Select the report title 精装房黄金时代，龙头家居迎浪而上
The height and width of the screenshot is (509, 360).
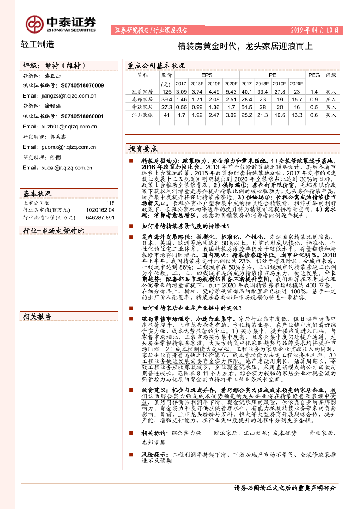tap(245, 46)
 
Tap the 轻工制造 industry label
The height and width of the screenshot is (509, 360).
tap(38, 44)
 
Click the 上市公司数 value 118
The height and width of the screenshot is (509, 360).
tap(110, 203)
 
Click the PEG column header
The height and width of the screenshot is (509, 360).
tap(314, 75)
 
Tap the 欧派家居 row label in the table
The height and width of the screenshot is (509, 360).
tap(142, 92)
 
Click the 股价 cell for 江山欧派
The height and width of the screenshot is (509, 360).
tap(166, 115)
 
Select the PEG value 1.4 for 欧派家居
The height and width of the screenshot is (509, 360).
tap(314, 92)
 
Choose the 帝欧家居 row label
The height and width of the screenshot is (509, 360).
tap(142, 107)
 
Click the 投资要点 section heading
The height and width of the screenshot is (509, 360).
tap(143, 148)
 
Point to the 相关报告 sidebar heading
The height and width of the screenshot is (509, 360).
tap(37, 317)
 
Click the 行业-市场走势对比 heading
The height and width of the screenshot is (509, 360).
tap(53, 230)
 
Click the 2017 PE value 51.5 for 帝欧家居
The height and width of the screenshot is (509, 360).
tap(246, 107)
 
